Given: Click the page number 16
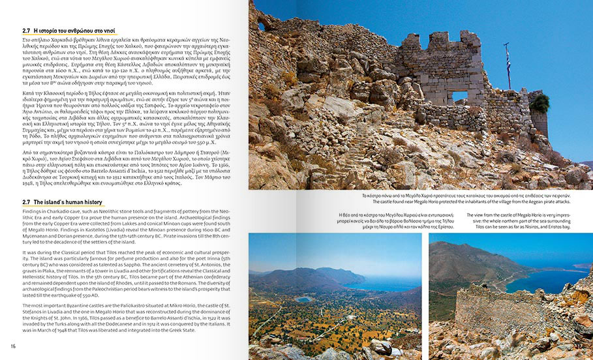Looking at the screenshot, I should coord(12,346).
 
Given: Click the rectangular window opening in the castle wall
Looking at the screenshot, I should coord(460,96).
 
